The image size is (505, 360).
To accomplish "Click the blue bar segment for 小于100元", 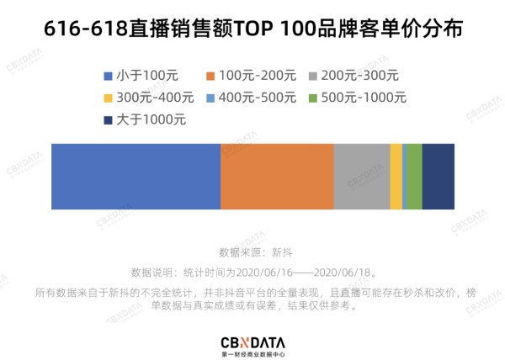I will tap(136, 176).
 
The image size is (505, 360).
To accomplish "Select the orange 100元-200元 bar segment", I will tap(277, 176).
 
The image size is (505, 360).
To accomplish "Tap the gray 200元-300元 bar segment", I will tap(362, 176).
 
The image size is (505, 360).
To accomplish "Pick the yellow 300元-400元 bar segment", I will tap(396, 176).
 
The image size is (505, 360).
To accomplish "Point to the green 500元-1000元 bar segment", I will tap(414, 176).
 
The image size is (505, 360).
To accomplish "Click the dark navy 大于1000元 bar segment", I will tap(438, 176).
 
